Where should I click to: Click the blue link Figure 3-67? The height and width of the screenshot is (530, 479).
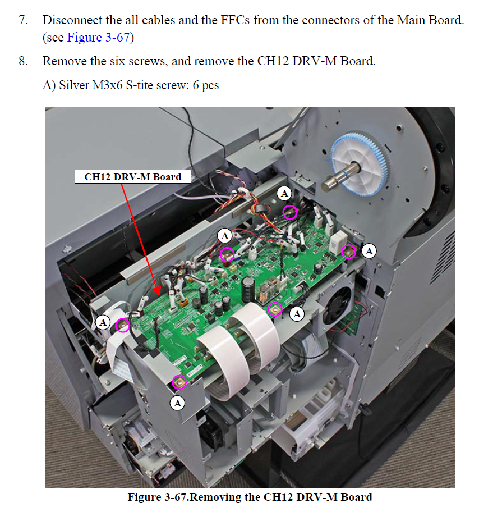tap(98, 37)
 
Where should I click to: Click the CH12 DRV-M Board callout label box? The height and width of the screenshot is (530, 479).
tap(133, 176)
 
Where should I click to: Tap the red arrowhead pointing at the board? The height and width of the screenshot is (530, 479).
tap(156, 290)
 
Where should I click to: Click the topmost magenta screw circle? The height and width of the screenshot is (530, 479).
tap(289, 212)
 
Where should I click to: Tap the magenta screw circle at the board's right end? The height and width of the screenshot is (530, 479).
tap(348, 252)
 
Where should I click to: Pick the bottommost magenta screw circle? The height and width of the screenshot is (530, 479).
tap(179, 382)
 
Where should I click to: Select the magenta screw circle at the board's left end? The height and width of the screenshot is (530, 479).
tap(122, 325)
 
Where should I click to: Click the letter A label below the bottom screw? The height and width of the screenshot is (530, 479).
tap(178, 403)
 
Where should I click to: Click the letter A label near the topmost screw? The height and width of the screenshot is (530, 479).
tap(284, 193)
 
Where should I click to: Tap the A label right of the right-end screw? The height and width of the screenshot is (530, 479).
tap(369, 251)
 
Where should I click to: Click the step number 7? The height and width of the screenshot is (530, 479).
tap(24, 20)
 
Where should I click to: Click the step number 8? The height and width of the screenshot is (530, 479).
tap(24, 61)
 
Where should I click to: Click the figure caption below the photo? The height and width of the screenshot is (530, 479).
tap(250, 497)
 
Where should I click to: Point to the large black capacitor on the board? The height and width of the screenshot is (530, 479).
tap(248, 289)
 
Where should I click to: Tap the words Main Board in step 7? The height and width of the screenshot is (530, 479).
tap(429, 20)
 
